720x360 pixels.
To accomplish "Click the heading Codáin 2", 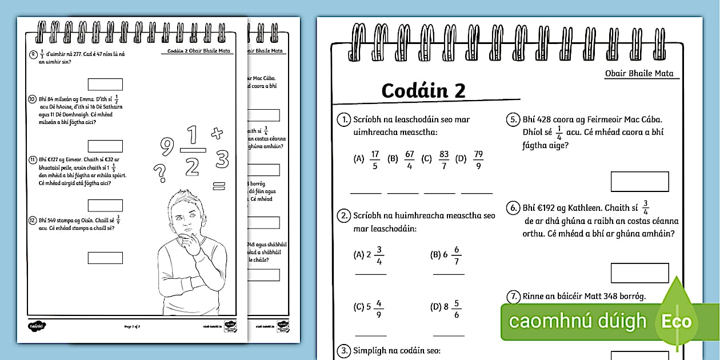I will click(423, 90).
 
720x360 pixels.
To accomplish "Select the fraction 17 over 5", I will click(375, 159).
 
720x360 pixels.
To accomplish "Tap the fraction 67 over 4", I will click(409, 159).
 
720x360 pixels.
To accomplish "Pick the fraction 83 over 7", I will click(444, 159).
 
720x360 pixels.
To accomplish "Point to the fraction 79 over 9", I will click(478, 159).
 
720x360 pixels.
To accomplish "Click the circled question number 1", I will click(343, 120).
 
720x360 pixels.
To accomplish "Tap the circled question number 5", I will click(513, 120).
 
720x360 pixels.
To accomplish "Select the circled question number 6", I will click(513, 208).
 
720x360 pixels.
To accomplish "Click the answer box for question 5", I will click(639, 181).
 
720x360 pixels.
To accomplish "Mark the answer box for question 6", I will click(639, 273).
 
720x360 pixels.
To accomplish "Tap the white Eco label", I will click(677, 321).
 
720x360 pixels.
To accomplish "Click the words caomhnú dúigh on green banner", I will click(578, 321).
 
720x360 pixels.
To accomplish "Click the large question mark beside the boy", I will click(161, 171).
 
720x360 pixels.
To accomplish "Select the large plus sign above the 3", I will click(216, 133).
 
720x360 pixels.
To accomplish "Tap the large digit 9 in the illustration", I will click(166, 147).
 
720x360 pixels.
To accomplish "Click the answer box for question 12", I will click(105, 258).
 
